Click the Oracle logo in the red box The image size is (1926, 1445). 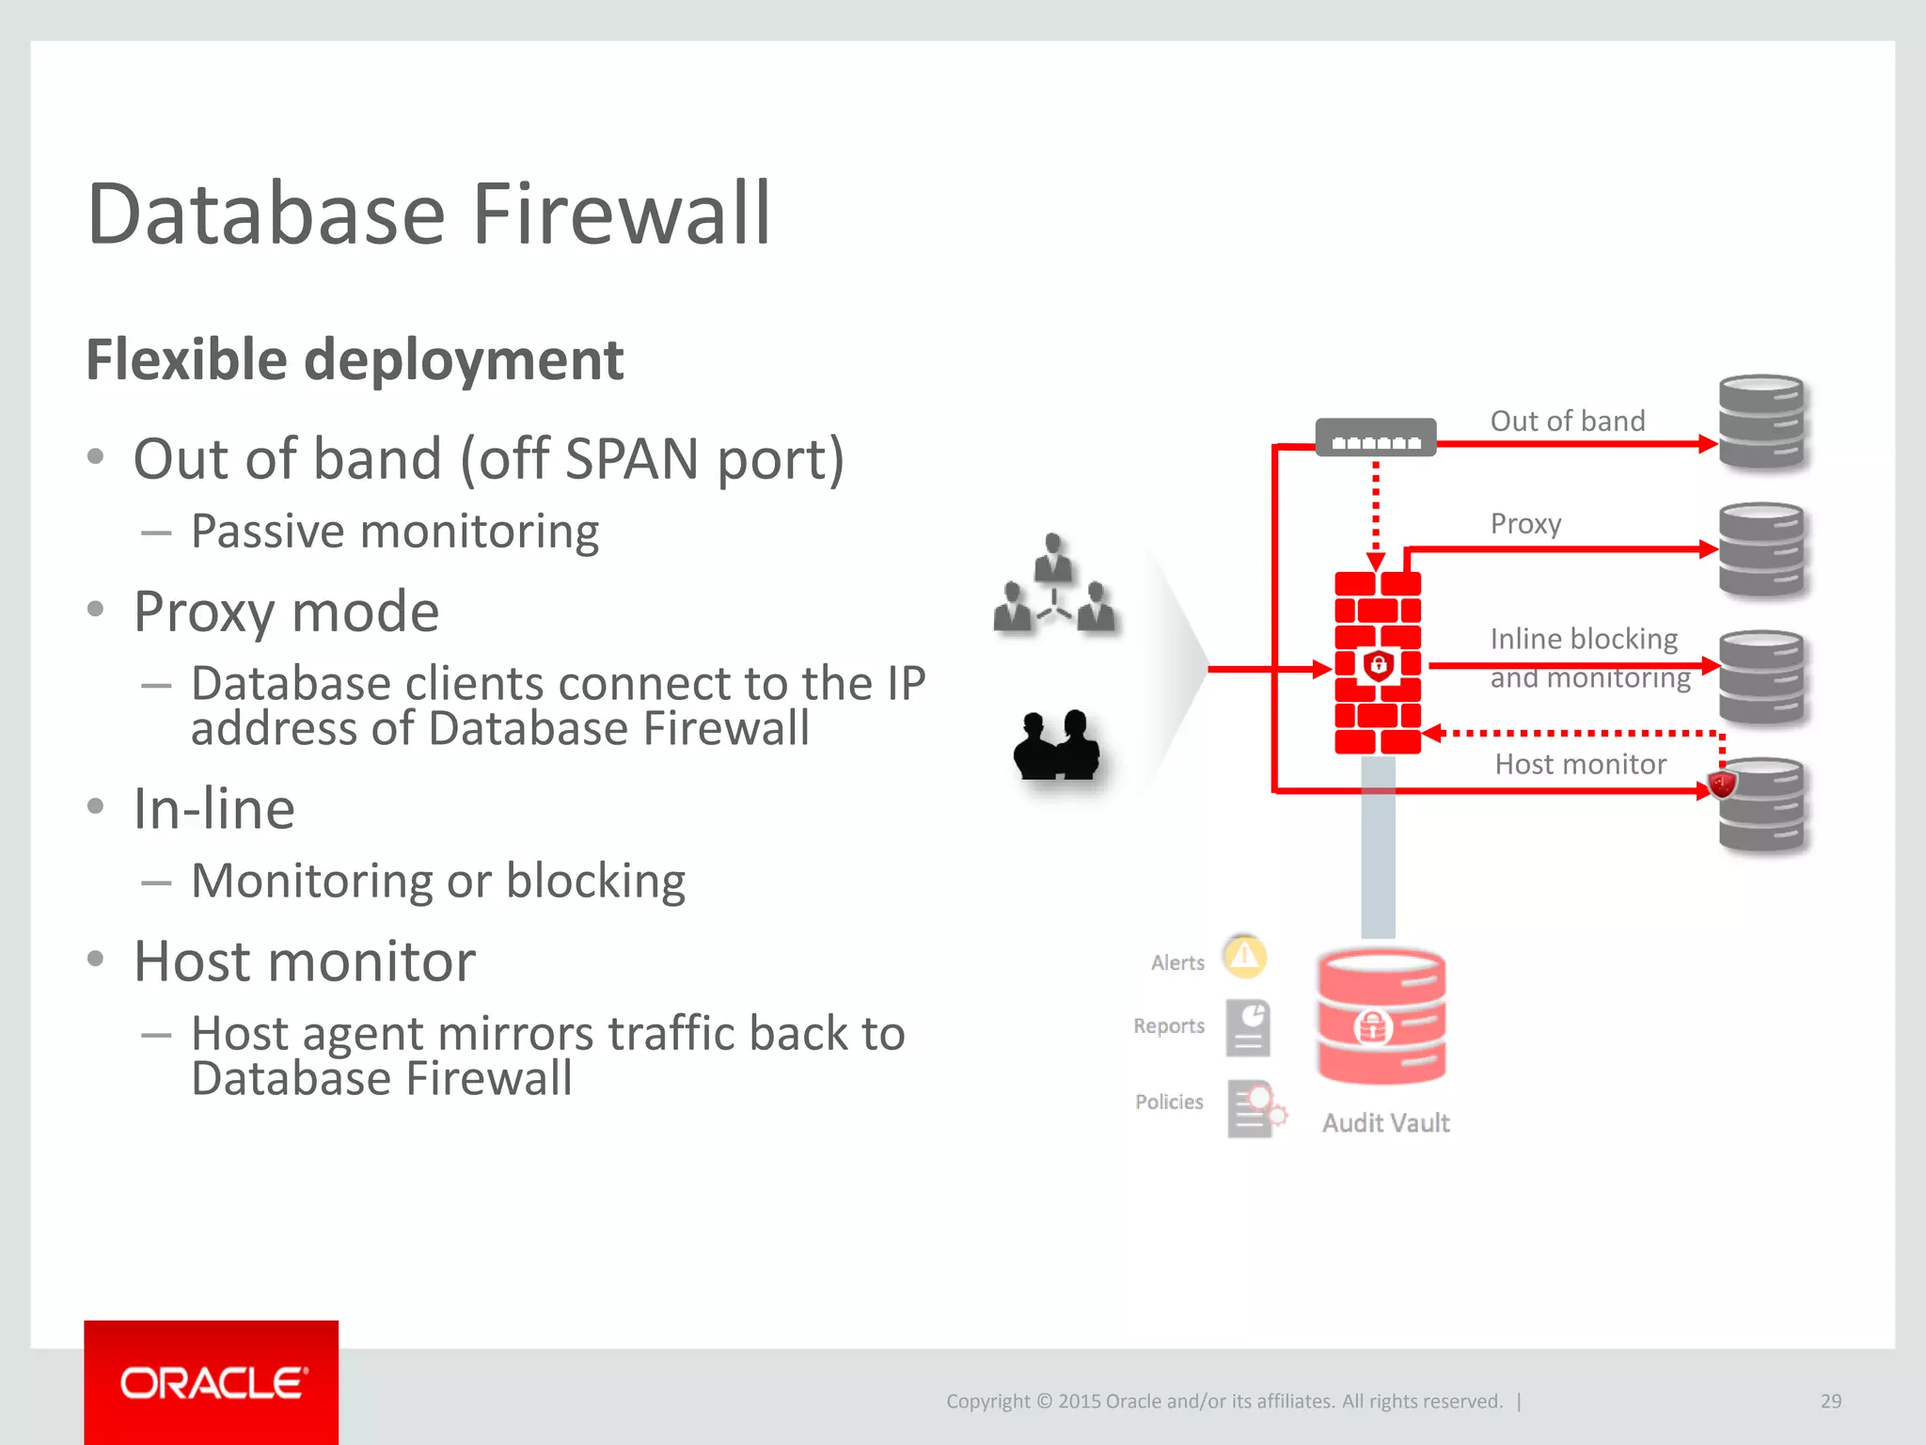[x=213, y=1383]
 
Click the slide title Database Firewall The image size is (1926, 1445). [x=429, y=214]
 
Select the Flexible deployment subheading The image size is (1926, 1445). [x=355, y=359]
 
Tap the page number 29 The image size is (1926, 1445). [x=1830, y=1401]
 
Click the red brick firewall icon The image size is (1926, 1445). [x=1378, y=662]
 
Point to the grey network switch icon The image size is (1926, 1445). [x=1375, y=437]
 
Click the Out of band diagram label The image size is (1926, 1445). [x=1568, y=421]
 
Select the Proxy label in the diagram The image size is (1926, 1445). [x=1525, y=523]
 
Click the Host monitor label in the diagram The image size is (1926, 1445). [x=1580, y=764]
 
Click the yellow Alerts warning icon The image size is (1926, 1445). [x=1244, y=957]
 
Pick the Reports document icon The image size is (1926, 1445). [x=1249, y=1028]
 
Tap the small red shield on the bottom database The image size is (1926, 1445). [x=1722, y=783]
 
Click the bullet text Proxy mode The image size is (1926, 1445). [x=286, y=611]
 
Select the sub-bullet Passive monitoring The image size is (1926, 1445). [x=394, y=532]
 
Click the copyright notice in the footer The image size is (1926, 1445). [x=1223, y=1401]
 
